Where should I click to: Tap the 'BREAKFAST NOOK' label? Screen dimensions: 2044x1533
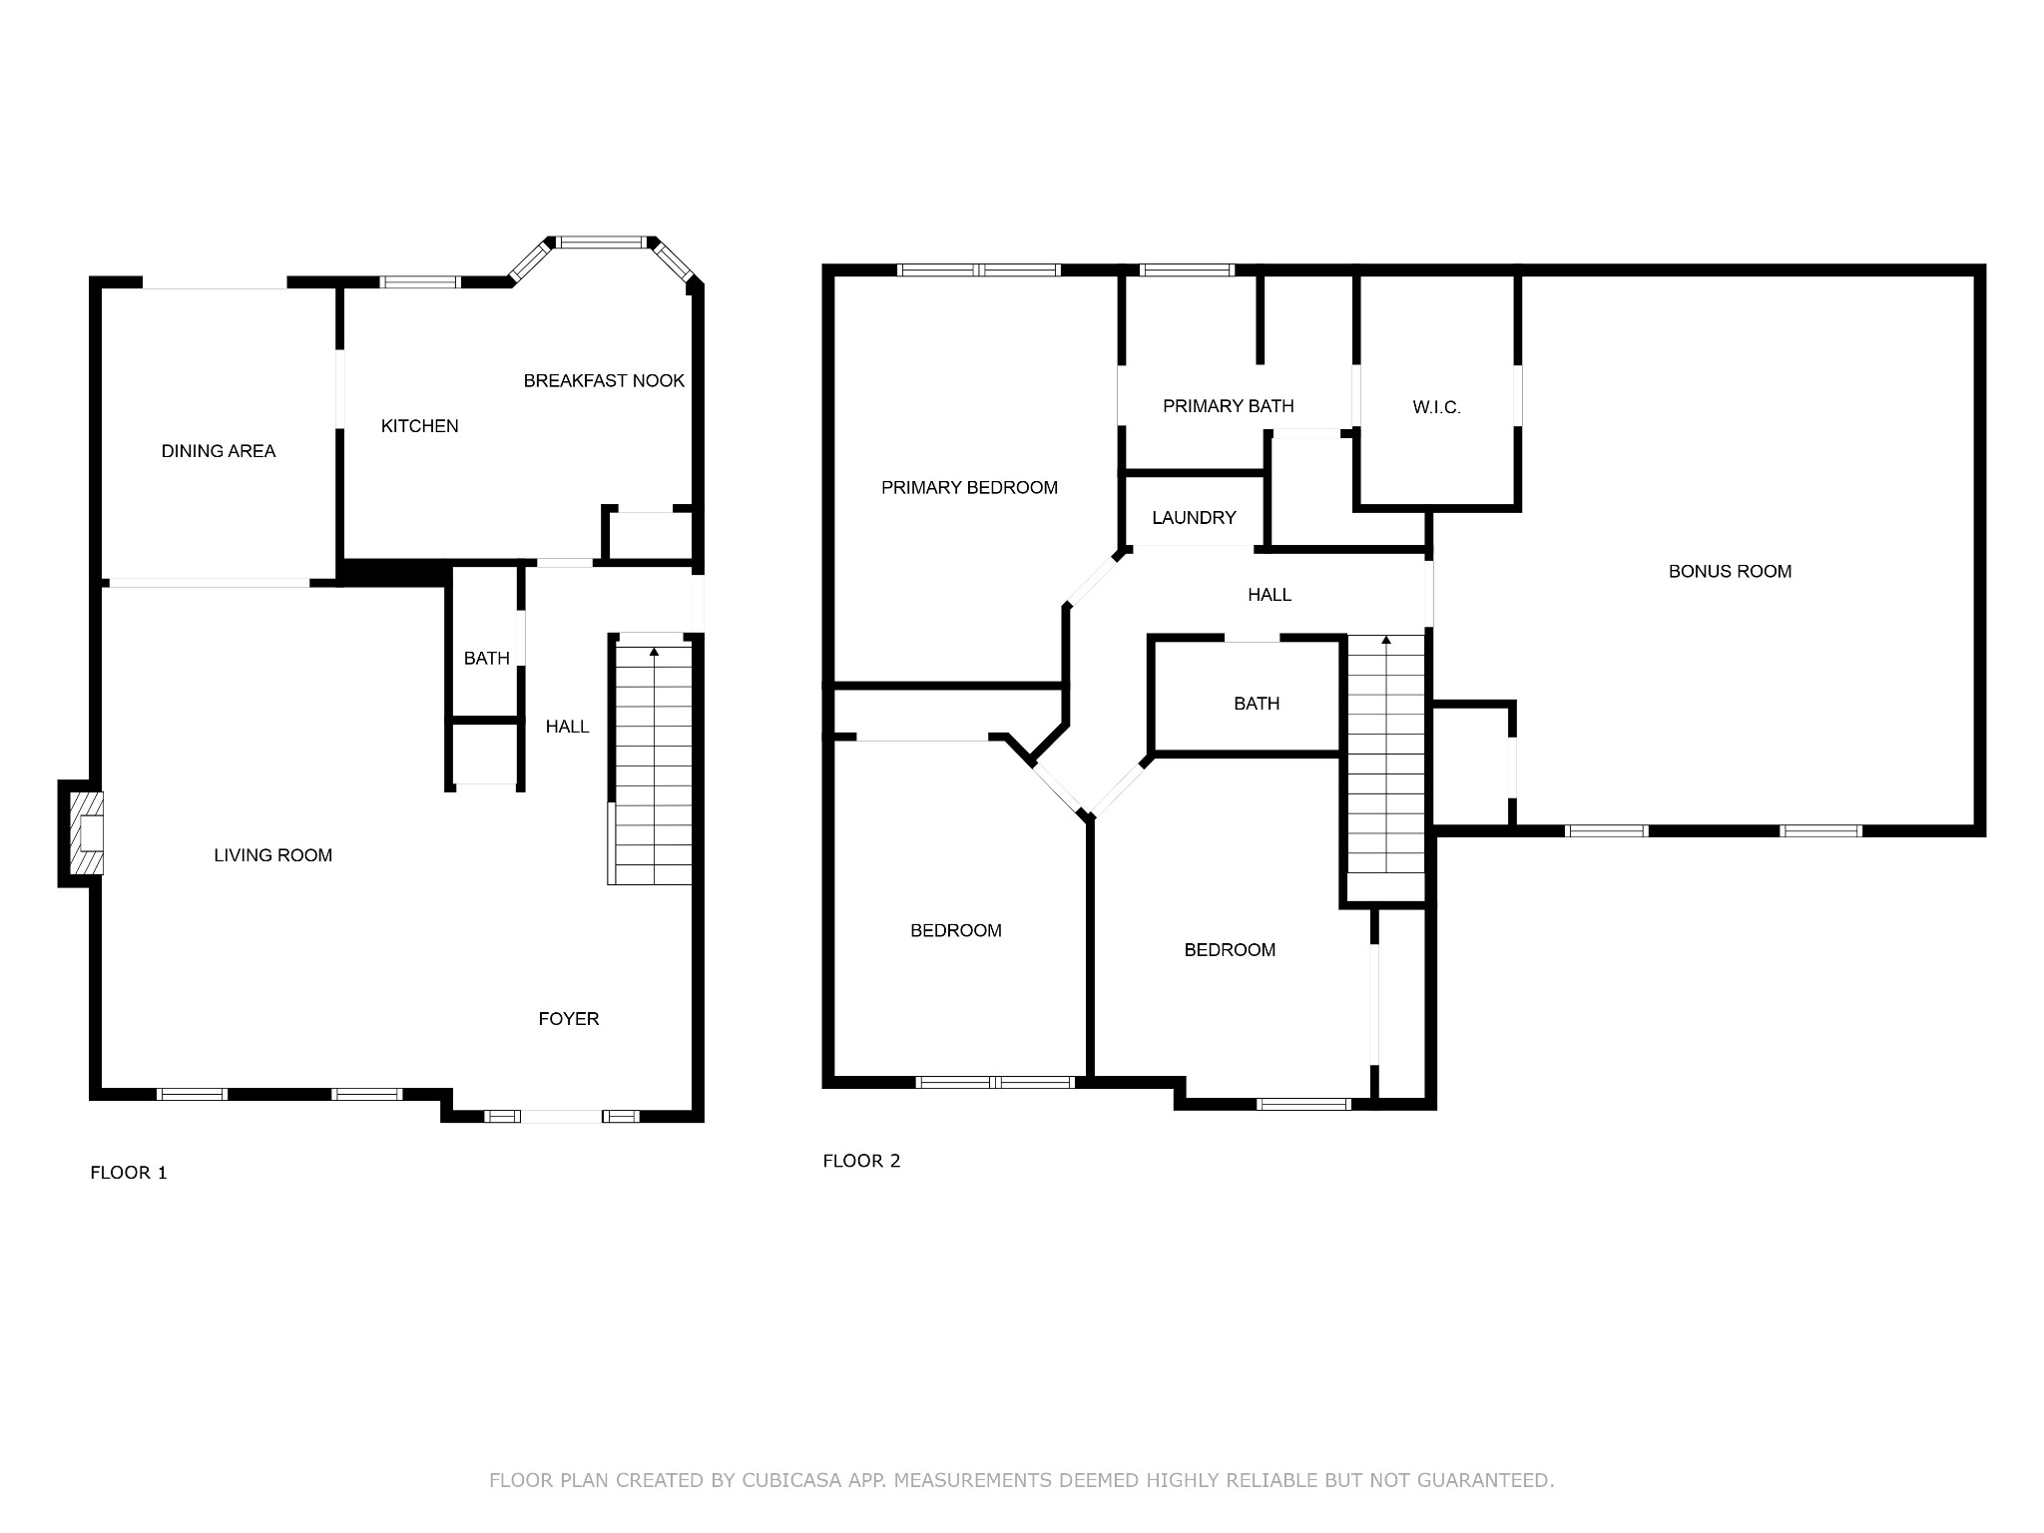(x=604, y=380)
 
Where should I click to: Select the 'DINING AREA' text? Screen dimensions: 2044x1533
(x=219, y=451)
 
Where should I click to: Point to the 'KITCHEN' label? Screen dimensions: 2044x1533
(x=420, y=426)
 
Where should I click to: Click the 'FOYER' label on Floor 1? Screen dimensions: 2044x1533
(x=569, y=1019)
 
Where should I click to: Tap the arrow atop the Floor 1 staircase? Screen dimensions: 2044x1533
(x=655, y=652)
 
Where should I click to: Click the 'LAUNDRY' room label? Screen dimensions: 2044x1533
(x=1194, y=518)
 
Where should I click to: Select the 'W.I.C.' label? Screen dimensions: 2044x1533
(x=1437, y=407)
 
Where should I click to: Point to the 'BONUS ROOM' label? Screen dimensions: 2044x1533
(x=1731, y=572)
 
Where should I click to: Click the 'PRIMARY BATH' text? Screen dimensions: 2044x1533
(x=1229, y=406)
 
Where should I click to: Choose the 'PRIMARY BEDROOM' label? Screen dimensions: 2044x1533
(x=969, y=488)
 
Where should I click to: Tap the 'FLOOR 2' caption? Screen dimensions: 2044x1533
(x=861, y=1161)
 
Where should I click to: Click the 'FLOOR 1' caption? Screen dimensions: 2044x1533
(x=129, y=1173)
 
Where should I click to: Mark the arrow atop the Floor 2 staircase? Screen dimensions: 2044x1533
(x=1385, y=640)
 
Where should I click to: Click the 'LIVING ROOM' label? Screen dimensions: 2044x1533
(x=273, y=855)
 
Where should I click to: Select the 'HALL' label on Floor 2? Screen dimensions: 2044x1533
(x=1270, y=595)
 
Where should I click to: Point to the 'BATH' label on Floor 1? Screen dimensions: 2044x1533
(x=487, y=659)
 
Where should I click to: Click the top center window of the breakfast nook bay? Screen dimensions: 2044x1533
(x=601, y=243)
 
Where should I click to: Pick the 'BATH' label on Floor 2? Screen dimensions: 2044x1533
(x=1257, y=704)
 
